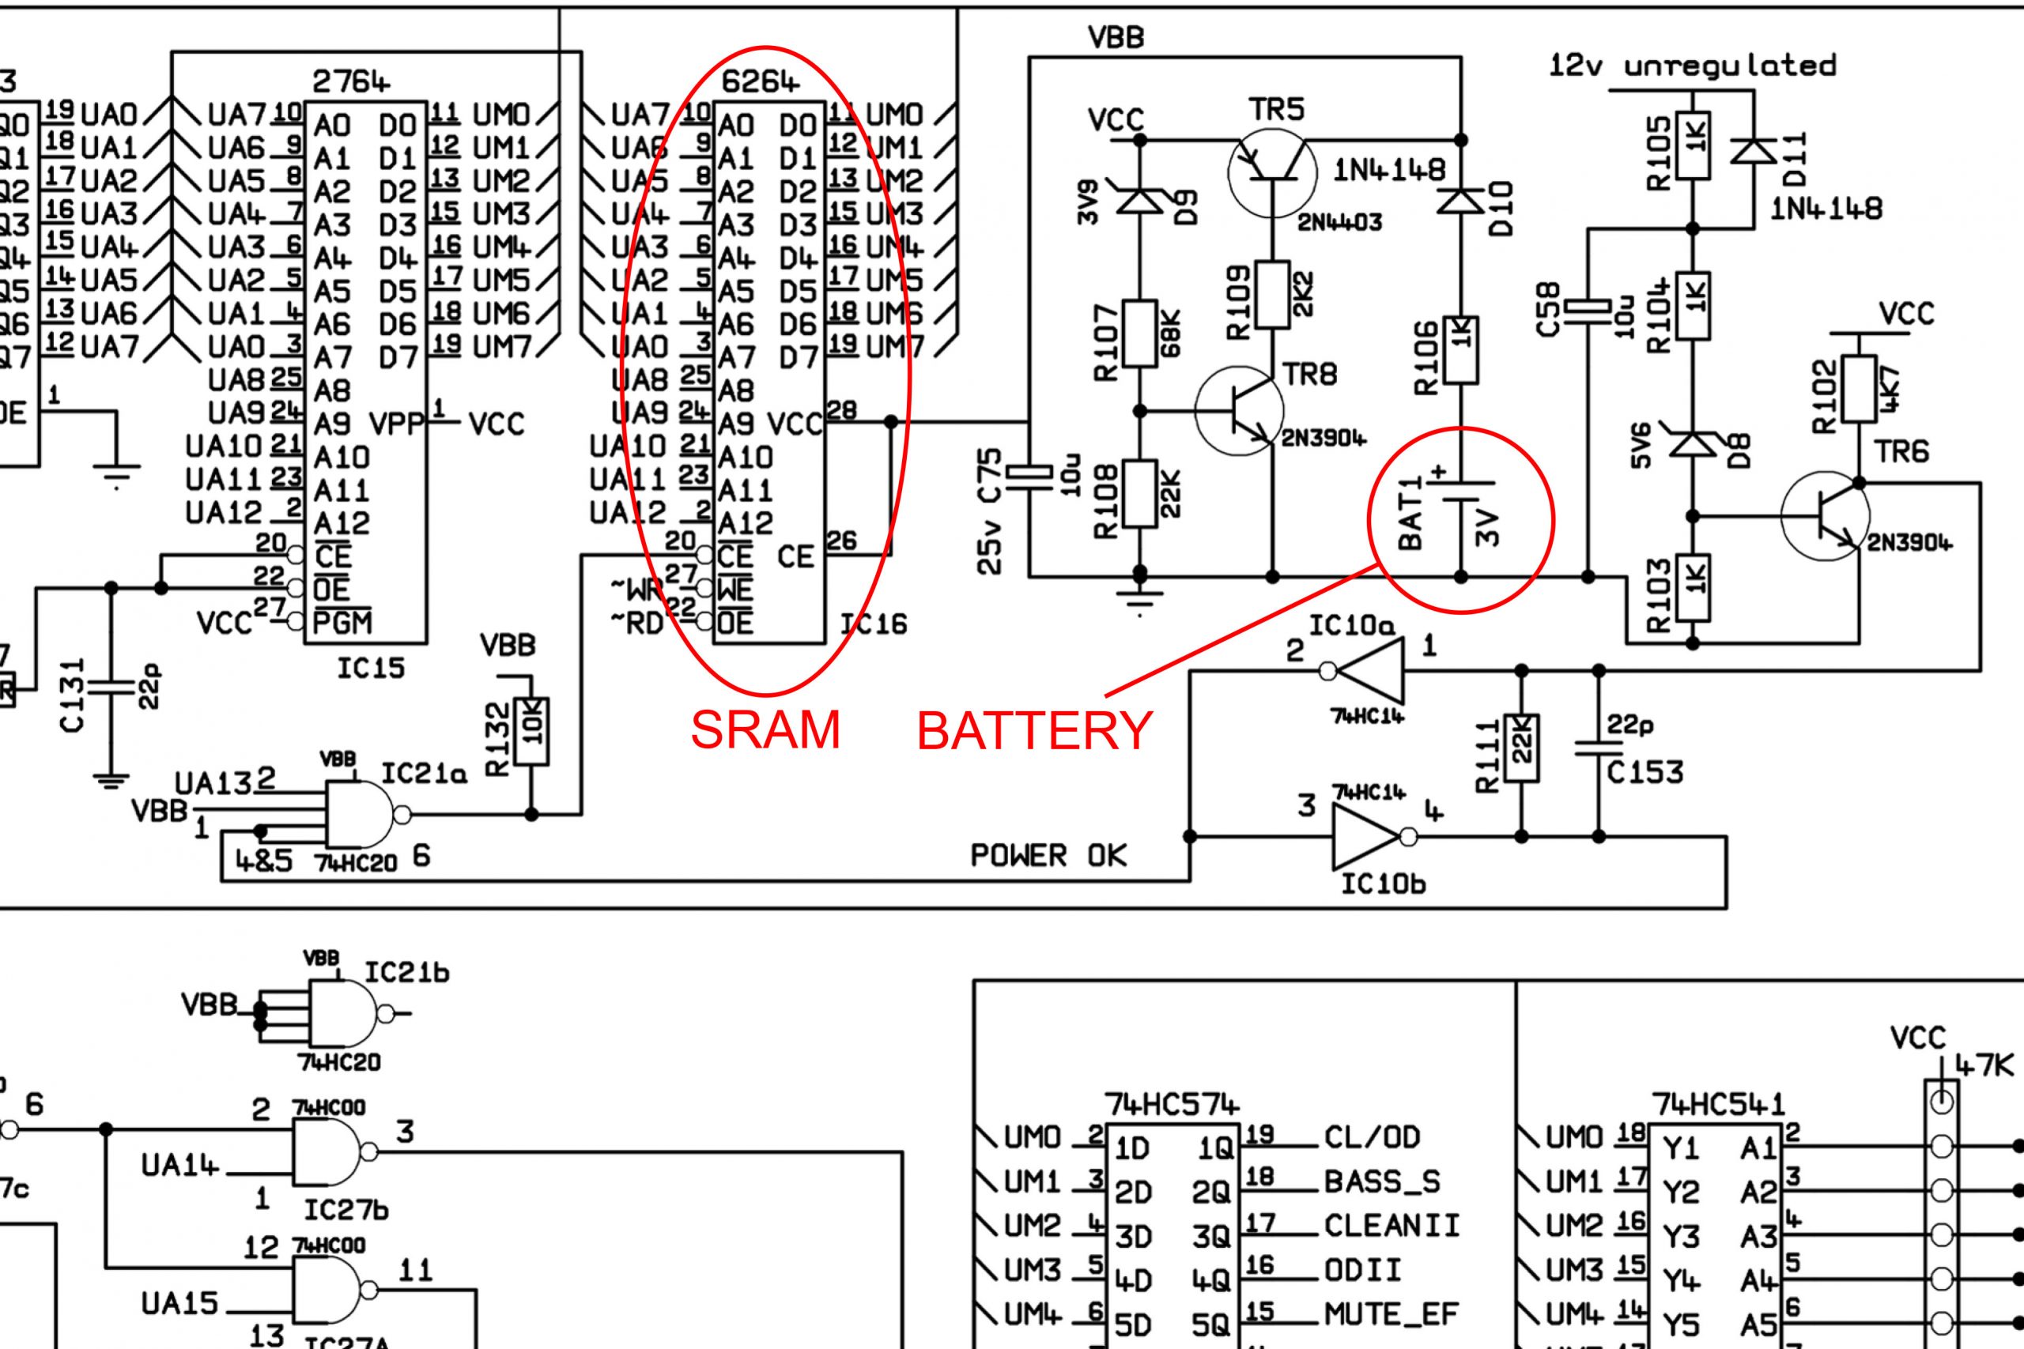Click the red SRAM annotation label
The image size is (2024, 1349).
[x=765, y=729]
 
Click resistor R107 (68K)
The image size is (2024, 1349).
[x=1139, y=333]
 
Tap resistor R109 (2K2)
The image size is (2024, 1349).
[x=1273, y=294]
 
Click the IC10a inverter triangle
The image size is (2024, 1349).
[x=1370, y=670]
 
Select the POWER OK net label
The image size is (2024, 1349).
[x=1048, y=856]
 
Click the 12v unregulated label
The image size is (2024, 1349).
[x=1692, y=66]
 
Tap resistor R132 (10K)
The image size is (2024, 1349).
[x=531, y=731]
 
